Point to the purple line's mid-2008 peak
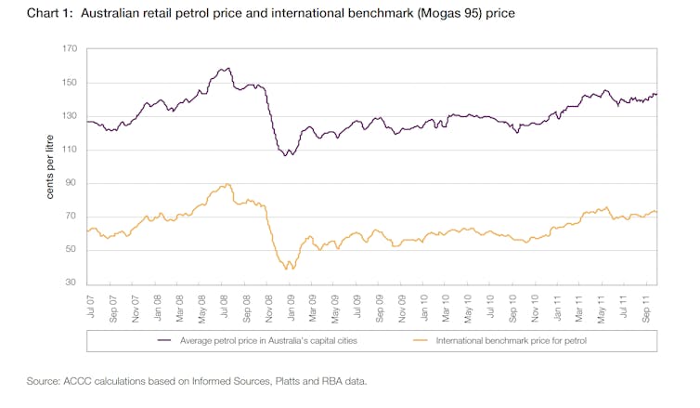pyautogui.click(x=227, y=68)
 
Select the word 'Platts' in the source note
pyautogui.click(x=260, y=381)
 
